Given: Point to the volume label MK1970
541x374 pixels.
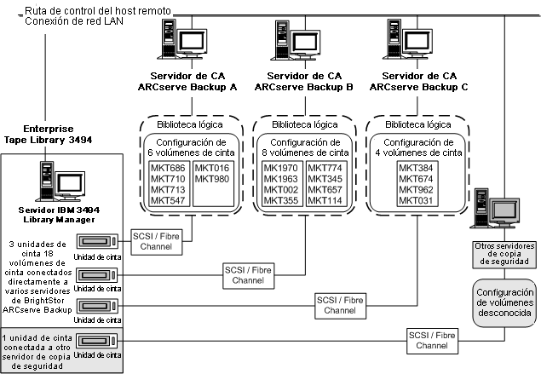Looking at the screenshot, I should click(x=280, y=169).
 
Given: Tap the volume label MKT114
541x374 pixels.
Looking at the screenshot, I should click(x=323, y=200).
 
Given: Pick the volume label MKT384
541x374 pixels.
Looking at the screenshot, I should click(x=415, y=169).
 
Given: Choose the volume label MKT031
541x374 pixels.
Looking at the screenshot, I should click(x=415, y=200).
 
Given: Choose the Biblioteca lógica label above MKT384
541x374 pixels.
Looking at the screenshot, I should click(x=414, y=124).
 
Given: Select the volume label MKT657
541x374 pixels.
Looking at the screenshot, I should click(x=323, y=189).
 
